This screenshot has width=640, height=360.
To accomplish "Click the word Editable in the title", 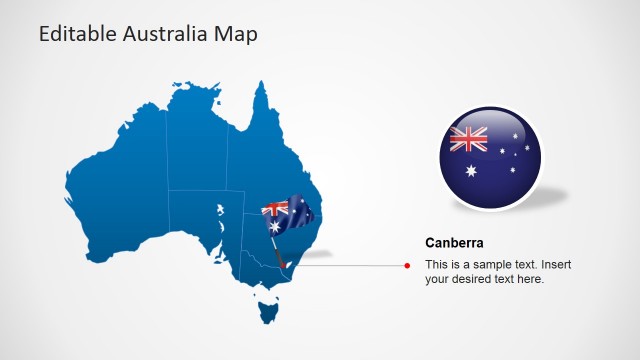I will tap(75, 34).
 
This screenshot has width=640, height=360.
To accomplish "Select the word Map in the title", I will tap(238, 34).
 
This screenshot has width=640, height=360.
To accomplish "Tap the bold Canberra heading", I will tap(454, 243).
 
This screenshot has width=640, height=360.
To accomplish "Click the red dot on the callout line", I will tap(407, 265).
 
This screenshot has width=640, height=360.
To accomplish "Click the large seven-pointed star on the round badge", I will tap(471, 170).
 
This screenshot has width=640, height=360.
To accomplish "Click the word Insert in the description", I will tap(556, 264).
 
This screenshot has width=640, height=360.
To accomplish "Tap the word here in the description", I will tap(530, 279).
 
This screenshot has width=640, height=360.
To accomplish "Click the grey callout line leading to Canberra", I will tap(350, 265).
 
